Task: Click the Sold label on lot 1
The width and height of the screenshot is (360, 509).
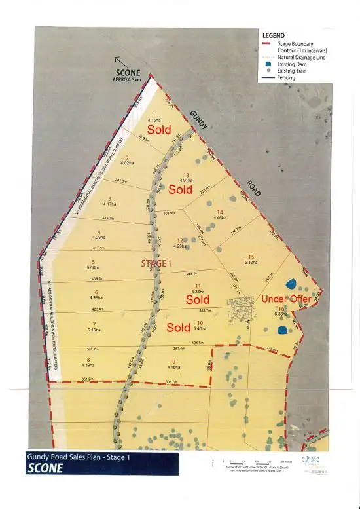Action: (x=159, y=130)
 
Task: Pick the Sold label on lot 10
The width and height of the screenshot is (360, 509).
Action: (x=179, y=326)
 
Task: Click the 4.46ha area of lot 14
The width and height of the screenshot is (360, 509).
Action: (x=220, y=218)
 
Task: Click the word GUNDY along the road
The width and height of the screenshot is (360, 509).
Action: (x=199, y=121)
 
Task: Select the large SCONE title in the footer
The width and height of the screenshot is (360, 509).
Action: (x=45, y=468)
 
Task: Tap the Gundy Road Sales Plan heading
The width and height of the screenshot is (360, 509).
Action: (x=78, y=457)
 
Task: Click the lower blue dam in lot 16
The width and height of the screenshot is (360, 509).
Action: (x=283, y=330)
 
